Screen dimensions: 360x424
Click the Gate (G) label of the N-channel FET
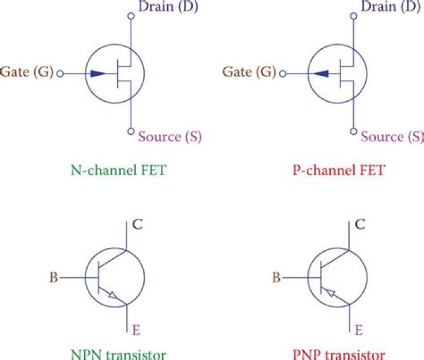tap(26, 73)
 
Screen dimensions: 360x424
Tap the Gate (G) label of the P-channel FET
tap(249, 73)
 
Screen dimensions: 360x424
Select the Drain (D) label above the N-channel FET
tap(167, 7)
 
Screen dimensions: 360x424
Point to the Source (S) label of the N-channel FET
tap(170, 137)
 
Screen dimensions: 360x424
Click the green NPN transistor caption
tap(117, 354)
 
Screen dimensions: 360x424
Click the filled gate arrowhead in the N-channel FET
tap(100, 74)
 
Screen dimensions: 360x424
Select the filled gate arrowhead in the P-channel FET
tap(320, 74)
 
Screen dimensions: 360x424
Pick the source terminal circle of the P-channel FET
tap(353, 131)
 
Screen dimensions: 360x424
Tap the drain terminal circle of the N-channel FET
tap(131, 16)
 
